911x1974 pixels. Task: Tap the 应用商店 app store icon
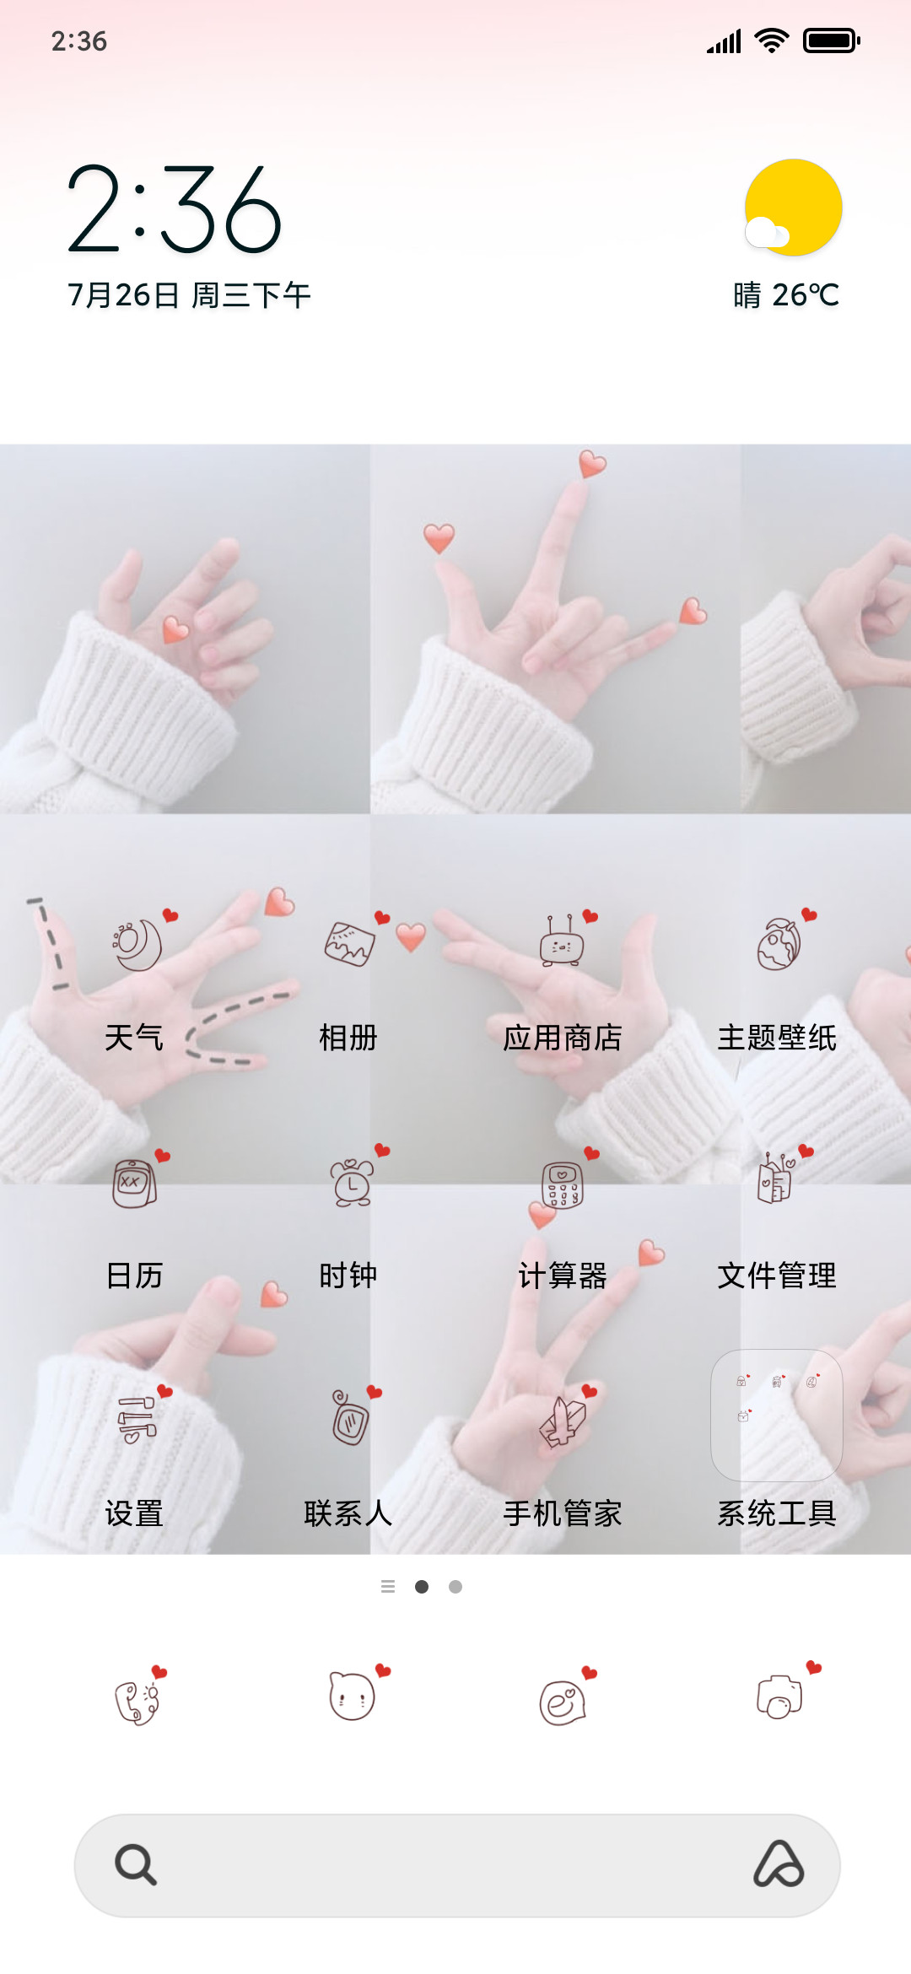tap(563, 943)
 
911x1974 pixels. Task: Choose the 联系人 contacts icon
tap(352, 1417)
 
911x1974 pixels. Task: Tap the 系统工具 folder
tap(777, 1416)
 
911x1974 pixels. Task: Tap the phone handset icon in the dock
tap(138, 1697)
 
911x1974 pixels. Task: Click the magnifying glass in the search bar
tap(136, 1864)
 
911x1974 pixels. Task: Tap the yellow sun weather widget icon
tap(792, 208)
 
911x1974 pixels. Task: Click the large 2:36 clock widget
tap(175, 209)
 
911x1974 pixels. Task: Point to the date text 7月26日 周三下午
tap(189, 295)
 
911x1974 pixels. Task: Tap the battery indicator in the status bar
tap(832, 40)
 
